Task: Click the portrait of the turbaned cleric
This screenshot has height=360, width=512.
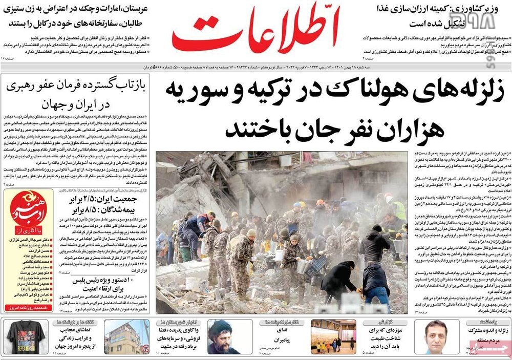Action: pyautogui.click(x=223, y=336)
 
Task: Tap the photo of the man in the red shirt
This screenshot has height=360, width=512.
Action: pyautogui.click(x=436, y=336)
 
